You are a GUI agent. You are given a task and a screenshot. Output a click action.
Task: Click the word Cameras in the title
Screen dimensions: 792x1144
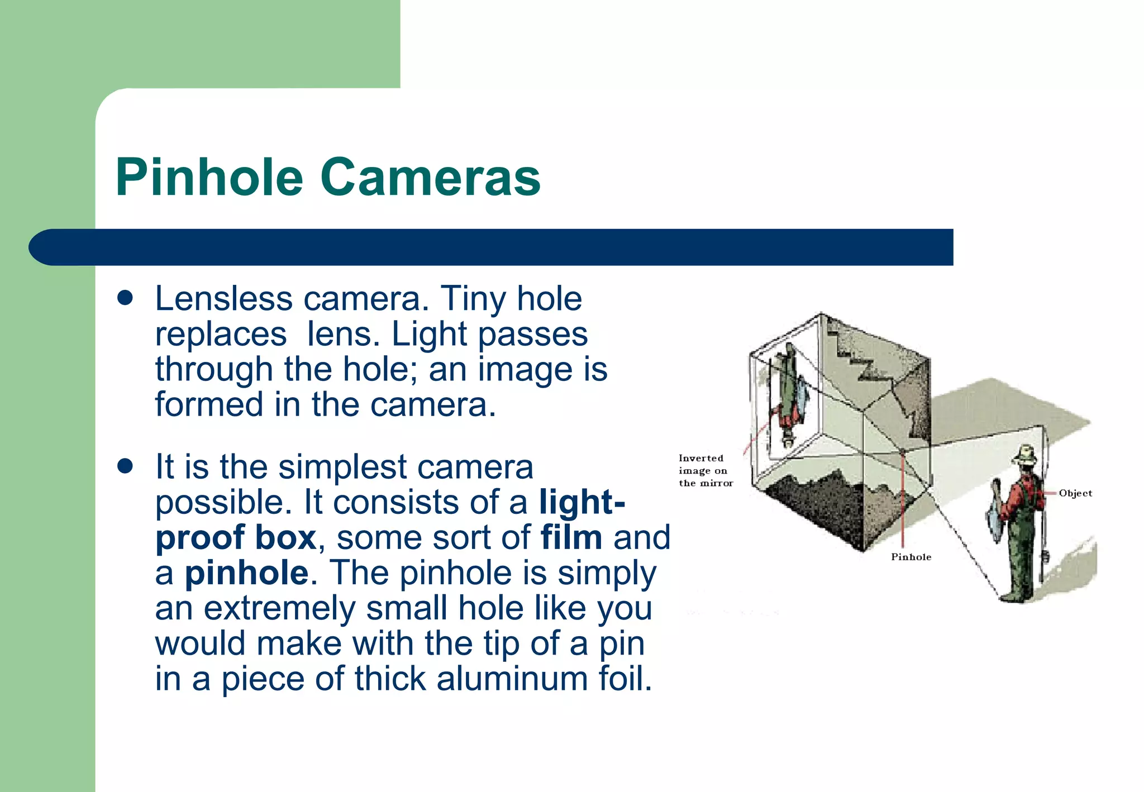coord(430,177)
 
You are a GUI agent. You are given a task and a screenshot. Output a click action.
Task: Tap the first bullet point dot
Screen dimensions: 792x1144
coord(125,298)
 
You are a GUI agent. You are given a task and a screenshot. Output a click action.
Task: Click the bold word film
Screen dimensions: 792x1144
coord(571,537)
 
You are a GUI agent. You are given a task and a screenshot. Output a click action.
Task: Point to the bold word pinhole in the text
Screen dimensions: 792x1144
coord(246,572)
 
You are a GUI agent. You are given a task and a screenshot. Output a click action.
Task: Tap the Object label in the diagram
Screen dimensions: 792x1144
coord(1075,493)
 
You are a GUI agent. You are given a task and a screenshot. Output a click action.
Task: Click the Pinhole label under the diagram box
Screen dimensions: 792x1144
coord(911,557)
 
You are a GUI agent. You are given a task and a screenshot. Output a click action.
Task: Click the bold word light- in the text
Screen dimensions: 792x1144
coord(581,502)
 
